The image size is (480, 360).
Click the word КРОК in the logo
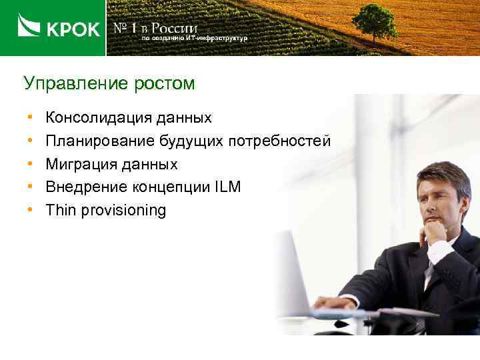click(x=72, y=29)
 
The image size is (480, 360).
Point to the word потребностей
click(x=279, y=141)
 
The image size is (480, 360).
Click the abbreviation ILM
click(x=227, y=187)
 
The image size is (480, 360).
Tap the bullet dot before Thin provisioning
click(x=31, y=211)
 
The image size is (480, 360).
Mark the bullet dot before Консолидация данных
click(x=31, y=119)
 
